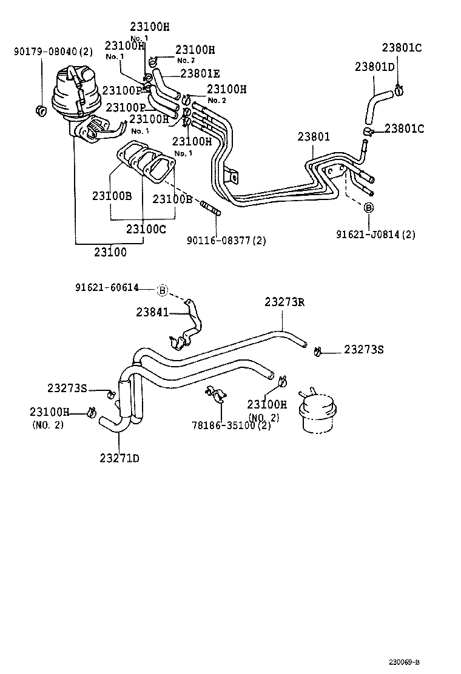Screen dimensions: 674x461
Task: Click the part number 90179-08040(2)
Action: (x=53, y=52)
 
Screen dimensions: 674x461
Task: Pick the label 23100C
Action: (x=146, y=229)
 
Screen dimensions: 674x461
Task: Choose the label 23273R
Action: (x=284, y=302)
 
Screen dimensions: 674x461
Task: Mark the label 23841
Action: (x=152, y=312)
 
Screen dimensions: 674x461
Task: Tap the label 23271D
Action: (x=119, y=457)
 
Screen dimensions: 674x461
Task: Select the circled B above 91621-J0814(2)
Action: (x=368, y=207)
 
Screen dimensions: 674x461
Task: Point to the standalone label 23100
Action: (x=110, y=253)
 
